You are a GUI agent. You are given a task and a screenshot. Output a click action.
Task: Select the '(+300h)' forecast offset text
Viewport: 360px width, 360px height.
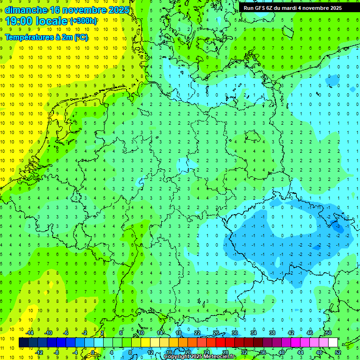pyautogui.click(x=83, y=21)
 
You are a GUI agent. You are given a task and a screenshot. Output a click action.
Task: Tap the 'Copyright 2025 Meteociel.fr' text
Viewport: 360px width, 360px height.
pyautogui.click(x=200, y=357)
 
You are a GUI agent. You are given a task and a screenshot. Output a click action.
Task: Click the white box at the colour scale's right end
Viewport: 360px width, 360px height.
pyautogui.click(x=333, y=342)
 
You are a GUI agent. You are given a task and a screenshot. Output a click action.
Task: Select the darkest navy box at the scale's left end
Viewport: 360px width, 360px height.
pyautogui.click(x=23, y=342)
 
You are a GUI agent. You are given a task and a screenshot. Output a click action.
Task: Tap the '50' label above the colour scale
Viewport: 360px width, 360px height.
pyautogui.click(x=328, y=333)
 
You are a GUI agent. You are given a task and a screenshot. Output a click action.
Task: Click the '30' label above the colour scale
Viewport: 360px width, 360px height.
pyautogui.click(x=234, y=333)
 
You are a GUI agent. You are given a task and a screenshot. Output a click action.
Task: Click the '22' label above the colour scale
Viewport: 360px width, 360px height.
pyautogui.click(x=197, y=333)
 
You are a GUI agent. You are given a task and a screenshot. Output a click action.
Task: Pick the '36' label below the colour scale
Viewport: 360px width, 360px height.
pyautogui.click(x=262, y=352)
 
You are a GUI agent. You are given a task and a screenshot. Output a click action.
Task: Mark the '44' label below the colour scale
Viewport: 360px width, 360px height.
pyautogui.click(x=300, y=352)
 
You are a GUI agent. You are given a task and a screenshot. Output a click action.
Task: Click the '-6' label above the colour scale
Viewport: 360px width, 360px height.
pyautogui.click(x=66, y=333)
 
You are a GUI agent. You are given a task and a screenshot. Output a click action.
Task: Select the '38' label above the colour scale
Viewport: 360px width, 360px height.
pyautogui.click(x=272, y=333)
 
